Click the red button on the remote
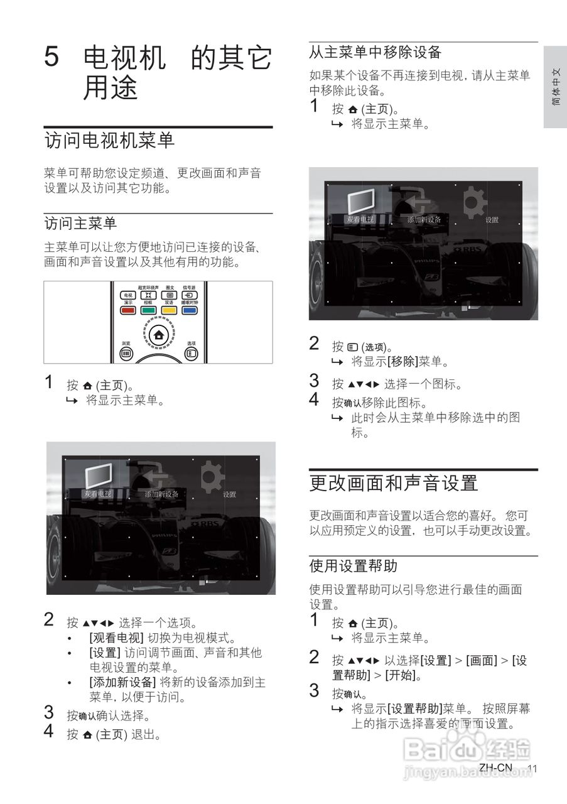pyautogui.click(x=128, y=310)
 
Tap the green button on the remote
pyautogui.click(x=148, y=310)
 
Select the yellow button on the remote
pyautogui.click(x=169, y=310)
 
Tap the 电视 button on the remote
pyautogui.click(x=128, y=295)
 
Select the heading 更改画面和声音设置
pyautogui.click(x=394, y=483)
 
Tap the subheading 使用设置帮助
pyautogui.click(x=353, y=566)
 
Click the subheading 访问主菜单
pyautogui.click(x=80, y=223)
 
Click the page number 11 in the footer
pyautogui.click(x=533, y=769)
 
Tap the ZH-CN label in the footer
pyautogui.click(x=495, y=768)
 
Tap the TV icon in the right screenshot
pyautogui.click(x=360, y=201)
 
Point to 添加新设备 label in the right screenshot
pyautogui.click(x=424, y=220)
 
